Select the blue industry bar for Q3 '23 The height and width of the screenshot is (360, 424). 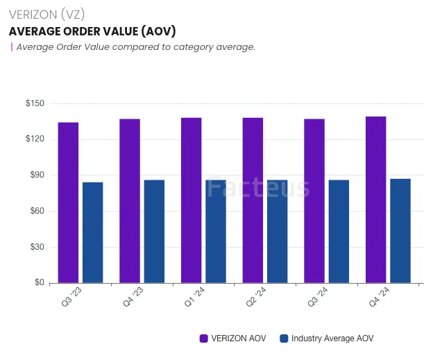point(92,232)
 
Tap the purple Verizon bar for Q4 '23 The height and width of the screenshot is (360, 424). point(129,201)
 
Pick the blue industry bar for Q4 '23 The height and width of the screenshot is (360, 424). point(154,231)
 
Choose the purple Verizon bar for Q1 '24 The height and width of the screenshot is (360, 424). point(191,200)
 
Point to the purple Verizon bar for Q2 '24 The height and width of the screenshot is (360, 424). point(253,200)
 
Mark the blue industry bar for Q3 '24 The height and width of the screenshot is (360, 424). point(339,231)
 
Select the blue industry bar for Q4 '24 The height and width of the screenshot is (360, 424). point(400,231)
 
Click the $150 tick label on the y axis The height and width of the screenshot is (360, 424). point(35,103)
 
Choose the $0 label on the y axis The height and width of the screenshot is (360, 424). point(39,283)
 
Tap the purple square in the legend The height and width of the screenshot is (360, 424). point(204,338)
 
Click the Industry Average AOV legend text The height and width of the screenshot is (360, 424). point(332,338)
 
